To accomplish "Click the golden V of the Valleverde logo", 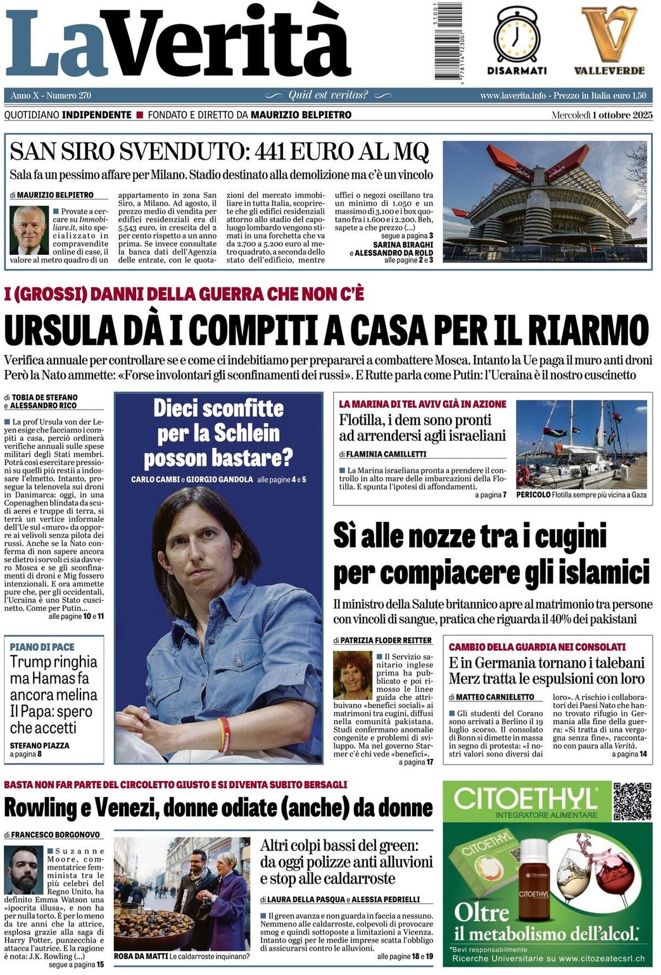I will [609, 35].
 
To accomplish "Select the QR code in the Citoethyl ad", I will [631, 801].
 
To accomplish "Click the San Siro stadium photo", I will [545, 202].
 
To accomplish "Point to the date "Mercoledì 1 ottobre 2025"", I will [601, 115].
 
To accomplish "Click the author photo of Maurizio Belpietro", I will [29, 229].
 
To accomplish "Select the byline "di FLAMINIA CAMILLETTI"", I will [382, 454].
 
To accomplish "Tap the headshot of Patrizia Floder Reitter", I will [352, 676].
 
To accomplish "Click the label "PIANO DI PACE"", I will [42, 647].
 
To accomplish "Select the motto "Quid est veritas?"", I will [328, 95].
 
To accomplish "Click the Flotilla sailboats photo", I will [581, 444].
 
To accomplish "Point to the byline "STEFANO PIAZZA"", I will [39, 746].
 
